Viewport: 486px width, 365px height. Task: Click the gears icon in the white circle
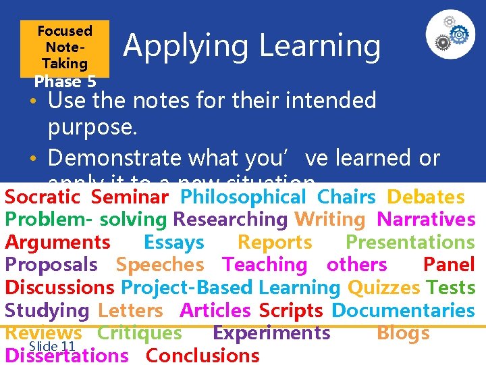click(x=450, y=34)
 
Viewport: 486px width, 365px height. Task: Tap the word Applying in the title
click(x=187, y=46)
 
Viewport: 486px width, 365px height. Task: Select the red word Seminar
click(x=130, y=197)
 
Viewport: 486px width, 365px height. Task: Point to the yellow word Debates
click(x=425, y=197)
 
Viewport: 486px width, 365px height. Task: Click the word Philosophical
click(x=244, y=197)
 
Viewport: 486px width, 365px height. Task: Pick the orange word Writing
click(x=329, y=220)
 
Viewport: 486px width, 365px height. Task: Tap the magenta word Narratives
click(x=426, y=220)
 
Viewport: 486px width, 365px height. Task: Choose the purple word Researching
click(x=230, y=220)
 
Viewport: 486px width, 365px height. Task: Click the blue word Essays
click(x=173, y=243)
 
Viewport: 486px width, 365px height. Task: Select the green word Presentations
click(x=410, y=243)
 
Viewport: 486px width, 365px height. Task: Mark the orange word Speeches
click(x=160, y=265)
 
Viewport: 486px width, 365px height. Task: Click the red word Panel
click(x=449, y=265)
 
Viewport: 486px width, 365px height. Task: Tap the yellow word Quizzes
click(x=383, y=288)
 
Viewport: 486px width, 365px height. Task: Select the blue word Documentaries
click(x=404, y=311)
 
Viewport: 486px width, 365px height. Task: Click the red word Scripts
click(x=291, y=311)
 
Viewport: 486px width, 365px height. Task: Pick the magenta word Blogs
click(x=403, y=333)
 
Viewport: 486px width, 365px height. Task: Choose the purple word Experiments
click(x=271, y=333)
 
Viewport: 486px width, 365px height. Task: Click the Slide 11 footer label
click(x=53, y=345)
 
